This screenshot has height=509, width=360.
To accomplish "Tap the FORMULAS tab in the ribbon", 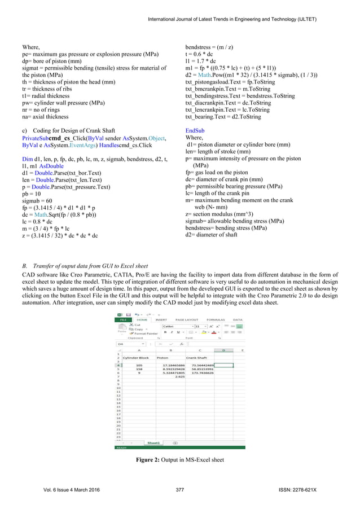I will pos(216,319).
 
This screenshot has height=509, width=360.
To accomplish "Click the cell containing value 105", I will pos(138,365).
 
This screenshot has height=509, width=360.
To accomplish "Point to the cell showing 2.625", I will pos(181,377).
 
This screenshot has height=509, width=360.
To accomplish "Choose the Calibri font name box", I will pos(175,326).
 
